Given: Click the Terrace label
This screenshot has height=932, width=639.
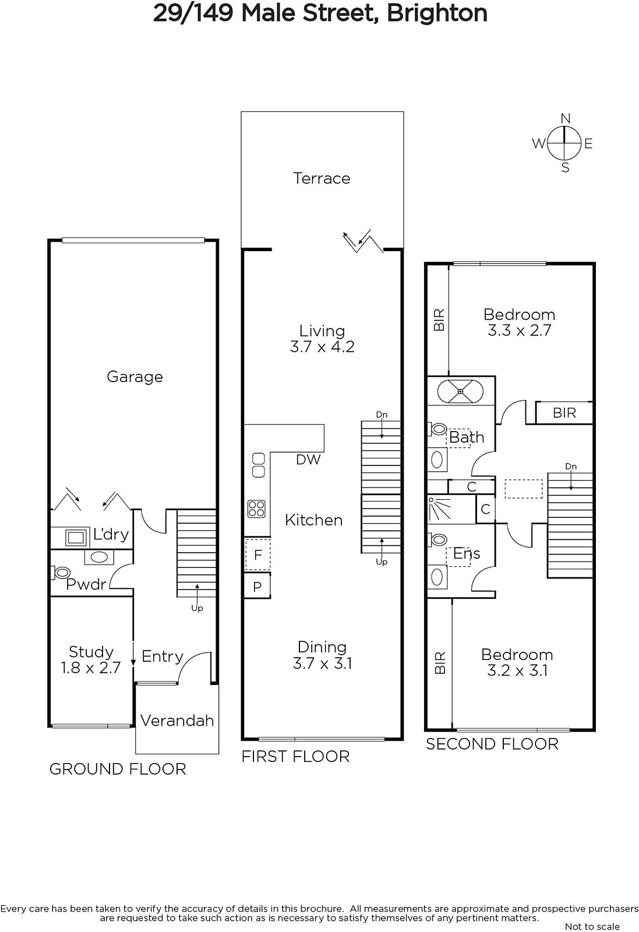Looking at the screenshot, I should (x=322, y=178).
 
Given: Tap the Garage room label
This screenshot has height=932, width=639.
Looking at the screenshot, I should (x=135, y=377).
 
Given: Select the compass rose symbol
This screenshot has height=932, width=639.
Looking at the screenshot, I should (x=564, y=143).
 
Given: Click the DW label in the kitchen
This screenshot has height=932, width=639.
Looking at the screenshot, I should (x=308, y=460).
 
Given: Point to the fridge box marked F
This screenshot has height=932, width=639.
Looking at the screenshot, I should (x=257, y=555).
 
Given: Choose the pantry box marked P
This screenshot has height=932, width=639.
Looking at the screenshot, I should (x=257, y=587).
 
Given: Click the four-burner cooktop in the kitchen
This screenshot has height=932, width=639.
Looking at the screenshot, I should (x=256, y=509).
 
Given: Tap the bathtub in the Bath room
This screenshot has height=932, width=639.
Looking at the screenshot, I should (x=460, y=391).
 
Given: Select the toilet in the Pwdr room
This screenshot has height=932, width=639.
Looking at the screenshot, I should (x=61, y=573).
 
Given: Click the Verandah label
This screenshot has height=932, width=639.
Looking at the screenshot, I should (x=177, y=721).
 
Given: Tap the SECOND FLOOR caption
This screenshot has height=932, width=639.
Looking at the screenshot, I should (x=492, y=744).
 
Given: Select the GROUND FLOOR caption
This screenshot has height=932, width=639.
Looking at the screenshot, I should (x=118, y=769).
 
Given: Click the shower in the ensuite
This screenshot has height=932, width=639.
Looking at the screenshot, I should (x=438, y=509).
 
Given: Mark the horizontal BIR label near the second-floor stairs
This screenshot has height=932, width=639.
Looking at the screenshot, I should (x=564, y=413).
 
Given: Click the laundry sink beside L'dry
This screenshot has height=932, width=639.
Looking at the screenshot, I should (x=75, y=537).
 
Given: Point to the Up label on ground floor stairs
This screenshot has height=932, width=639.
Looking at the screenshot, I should (x=197, y=608).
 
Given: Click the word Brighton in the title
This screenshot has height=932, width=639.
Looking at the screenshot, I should (x=437, y=13).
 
